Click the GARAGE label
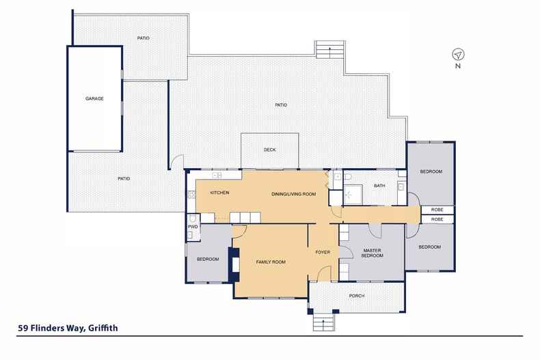click(94, 98)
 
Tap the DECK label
click(269, 150)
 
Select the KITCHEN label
click(219, 193)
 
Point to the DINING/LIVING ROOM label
click(293, 194)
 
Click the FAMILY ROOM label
click(270, 262)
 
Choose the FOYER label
click(323, 252)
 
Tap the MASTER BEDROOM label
click(373, 253)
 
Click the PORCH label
click(356, 296)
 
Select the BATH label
click(379, 186)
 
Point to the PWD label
click(192, 226)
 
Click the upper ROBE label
click(437, 210)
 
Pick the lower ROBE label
click(437, 219)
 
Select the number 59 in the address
click(23, 328)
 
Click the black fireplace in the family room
click(235, 264)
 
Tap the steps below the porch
click(323, 320)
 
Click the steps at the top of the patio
click(329, 50)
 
